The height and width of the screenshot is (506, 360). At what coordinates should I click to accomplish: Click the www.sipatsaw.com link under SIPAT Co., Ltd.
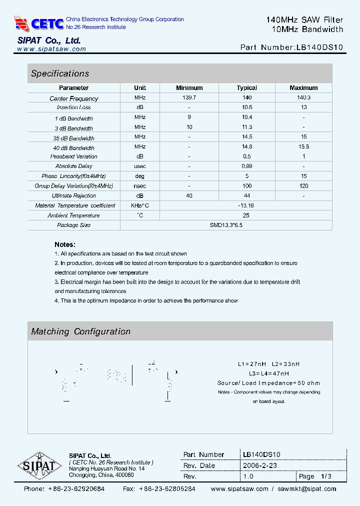(51, 49)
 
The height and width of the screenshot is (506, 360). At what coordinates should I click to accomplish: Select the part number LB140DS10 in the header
(319, 47)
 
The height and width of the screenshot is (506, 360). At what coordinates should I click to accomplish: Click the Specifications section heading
(60, 73)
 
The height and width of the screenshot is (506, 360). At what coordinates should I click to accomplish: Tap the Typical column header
(247, 87)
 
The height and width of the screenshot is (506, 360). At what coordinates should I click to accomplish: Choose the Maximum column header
(303, 87)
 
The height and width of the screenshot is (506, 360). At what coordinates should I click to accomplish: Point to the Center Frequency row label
(74, 98)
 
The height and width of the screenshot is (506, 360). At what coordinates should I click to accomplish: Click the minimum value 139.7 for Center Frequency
(189, 97)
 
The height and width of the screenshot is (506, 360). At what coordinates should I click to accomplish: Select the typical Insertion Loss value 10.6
(247, 107)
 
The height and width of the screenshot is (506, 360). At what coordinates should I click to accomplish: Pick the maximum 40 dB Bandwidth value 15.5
(303, 147)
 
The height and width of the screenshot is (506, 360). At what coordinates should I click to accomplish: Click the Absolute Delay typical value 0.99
(247, 166)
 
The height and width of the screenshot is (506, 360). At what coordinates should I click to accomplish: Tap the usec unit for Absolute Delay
(140, 166)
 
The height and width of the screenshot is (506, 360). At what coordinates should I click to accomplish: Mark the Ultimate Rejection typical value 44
(247, 195)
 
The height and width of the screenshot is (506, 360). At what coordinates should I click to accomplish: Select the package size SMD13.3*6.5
(226, 225)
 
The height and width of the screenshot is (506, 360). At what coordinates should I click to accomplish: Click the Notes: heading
(65, 244)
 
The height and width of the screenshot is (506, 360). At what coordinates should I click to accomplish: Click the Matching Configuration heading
(80, 331)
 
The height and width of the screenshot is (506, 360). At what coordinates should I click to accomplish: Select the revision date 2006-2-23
(260, 465)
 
